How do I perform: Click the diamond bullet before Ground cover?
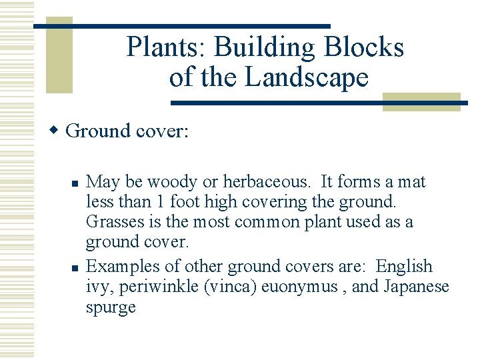pos(57,130)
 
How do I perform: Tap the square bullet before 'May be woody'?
pos(76,182)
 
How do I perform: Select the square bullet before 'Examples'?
pos(76,267)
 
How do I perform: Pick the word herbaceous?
pos(267,182)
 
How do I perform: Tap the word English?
pos(404,267)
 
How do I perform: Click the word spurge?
pos(111,307)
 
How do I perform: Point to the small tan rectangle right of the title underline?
pos(421,101)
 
